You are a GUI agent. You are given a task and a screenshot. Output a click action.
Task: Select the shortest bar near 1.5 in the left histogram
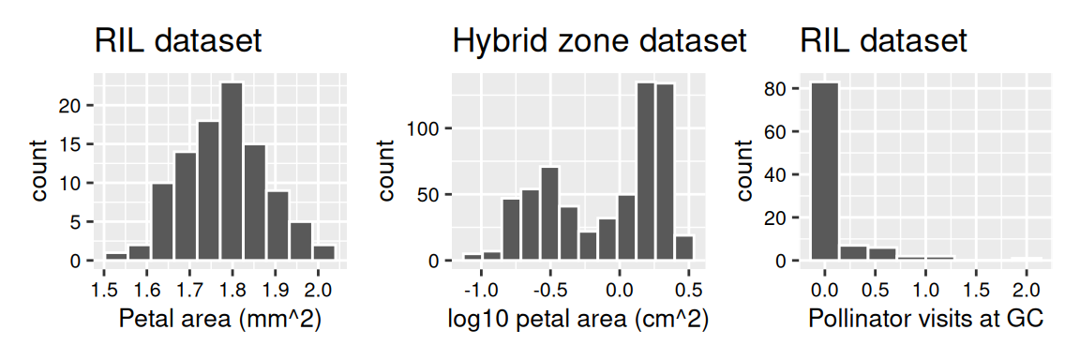coord(115,257)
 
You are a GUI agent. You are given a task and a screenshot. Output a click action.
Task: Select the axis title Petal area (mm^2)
coord(220,319)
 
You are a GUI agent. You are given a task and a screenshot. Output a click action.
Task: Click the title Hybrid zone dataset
coord(599,41)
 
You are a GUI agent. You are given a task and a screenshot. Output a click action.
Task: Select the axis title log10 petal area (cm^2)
coord(578,319)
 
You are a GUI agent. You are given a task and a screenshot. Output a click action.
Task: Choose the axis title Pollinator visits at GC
coord(925,319)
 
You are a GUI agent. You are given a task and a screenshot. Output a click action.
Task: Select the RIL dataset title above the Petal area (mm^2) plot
coord(177,41)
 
